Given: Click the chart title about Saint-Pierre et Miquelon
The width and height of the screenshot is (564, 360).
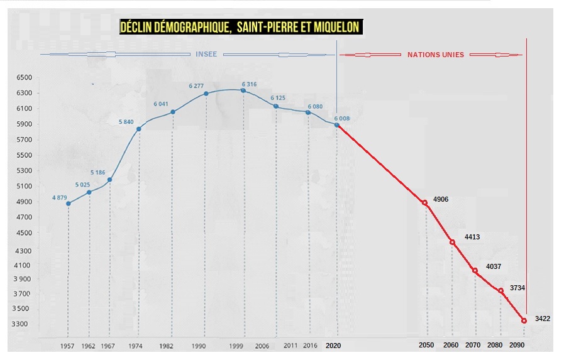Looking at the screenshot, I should (241, 28).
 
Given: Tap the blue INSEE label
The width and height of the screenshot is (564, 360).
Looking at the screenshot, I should (206, 55).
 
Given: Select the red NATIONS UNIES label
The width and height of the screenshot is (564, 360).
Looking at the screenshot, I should (436, 55).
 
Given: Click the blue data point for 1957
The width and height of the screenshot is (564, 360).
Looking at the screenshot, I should (68, 204).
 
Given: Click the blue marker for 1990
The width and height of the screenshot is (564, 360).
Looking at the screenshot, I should (206, 94).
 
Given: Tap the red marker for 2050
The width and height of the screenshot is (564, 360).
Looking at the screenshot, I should (425, 203).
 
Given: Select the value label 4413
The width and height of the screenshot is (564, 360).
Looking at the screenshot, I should (472, 237).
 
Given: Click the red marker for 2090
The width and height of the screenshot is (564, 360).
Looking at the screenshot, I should (524, 321).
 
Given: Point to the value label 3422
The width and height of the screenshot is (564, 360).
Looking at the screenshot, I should (543, 319).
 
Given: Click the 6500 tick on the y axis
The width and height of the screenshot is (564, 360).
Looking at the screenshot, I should (23, 77).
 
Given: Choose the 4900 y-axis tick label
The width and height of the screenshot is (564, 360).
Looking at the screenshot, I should (23, 202).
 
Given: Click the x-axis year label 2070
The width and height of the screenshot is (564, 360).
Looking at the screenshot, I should (473, 346).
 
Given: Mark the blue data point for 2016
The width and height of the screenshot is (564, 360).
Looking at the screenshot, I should (308, 112).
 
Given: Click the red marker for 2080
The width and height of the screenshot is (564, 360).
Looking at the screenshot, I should (500, 290).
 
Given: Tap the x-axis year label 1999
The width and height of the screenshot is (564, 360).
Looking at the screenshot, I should (237, 346).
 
